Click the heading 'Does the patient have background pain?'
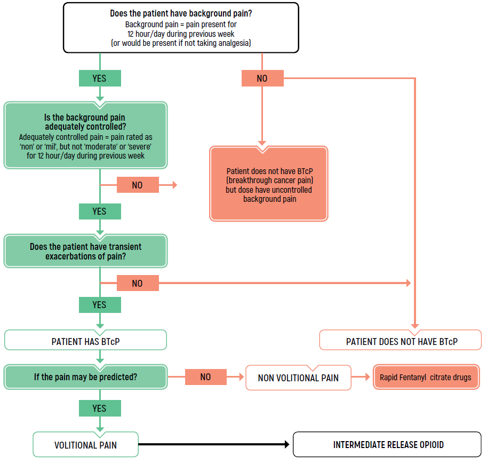coord(181,14)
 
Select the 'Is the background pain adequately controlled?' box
coord(85,136)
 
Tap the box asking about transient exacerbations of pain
coord(85,252)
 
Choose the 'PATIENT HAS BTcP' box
coord(85,341)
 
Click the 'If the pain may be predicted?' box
coord(85,377)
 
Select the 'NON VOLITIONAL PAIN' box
coord(298,378)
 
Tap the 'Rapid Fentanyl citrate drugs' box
coord(426,378)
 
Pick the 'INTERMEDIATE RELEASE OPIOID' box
coord(388,444)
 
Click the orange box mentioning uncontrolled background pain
coord(269,184)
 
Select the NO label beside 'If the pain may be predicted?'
coord(206,377)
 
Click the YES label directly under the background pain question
coord(100,78)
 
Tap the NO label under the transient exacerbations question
coord(138,283)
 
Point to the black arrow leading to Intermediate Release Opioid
coord(213,444)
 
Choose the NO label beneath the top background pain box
coord(262,79)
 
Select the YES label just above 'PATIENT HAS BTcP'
coord(100,305)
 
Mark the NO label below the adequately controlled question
coord(138,185)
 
